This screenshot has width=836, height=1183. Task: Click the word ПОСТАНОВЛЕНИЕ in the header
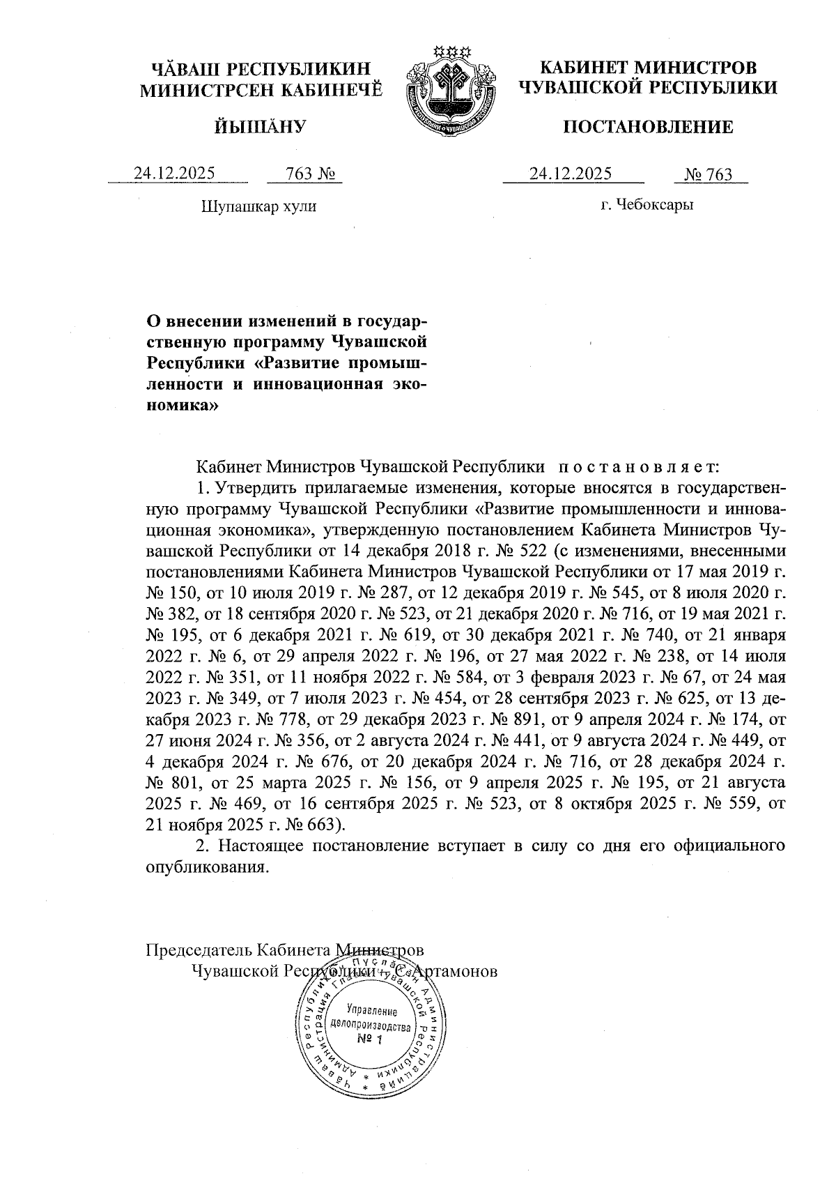tap(647, 127)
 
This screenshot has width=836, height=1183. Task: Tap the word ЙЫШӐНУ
tap(261, 127)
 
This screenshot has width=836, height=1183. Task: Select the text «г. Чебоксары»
tap(648, 205)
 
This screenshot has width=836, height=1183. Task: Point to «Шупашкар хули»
tap(258, 206)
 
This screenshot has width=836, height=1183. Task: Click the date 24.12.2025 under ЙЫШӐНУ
tap(174, 174)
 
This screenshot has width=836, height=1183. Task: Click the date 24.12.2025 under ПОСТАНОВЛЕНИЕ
tap(571, 174)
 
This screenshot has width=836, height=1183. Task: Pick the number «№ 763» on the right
tap(709, 174)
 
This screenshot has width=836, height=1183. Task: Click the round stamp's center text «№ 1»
tap(371, 1040)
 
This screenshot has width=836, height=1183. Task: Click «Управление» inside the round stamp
tap(371, 1012)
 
